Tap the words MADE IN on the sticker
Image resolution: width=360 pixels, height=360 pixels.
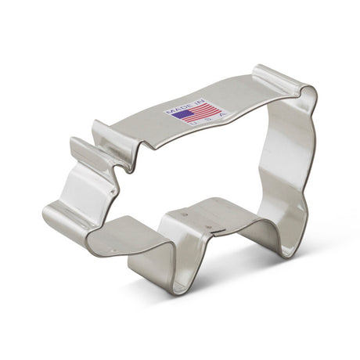185,105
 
